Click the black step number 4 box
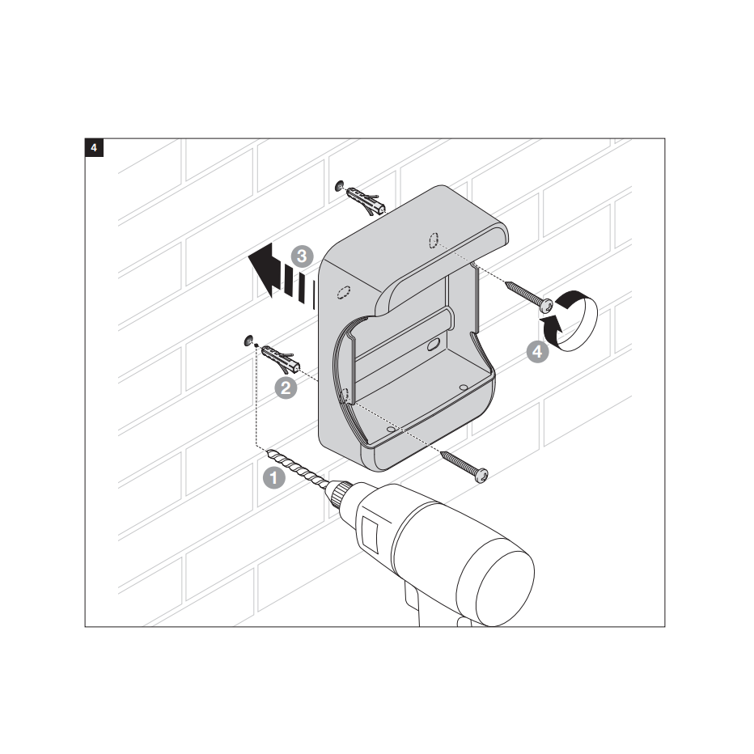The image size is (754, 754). click(94, 147)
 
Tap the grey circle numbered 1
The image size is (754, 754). click(274, 478)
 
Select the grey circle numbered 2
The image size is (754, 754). click(286, 388)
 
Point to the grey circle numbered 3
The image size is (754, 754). click(302, 256)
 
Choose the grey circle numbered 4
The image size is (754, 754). click(538, 351)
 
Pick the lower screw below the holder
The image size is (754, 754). click(464, 466)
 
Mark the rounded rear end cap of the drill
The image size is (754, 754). click(505, 587)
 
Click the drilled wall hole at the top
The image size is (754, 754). click(340, 185)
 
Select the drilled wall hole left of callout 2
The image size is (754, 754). click(248, 341)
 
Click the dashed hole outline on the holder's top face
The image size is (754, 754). click(434, 240)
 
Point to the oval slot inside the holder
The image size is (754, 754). click(434, 345)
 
